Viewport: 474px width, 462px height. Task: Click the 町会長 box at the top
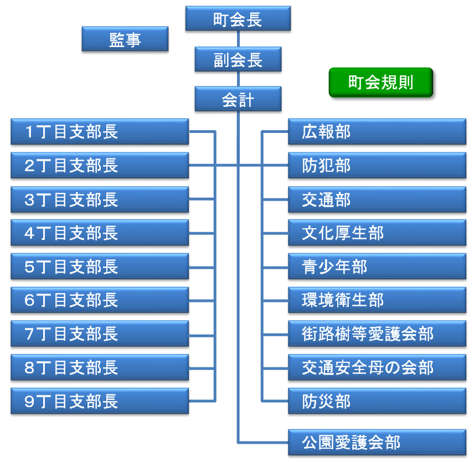[238, 19]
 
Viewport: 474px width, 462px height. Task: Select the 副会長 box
[238, 59]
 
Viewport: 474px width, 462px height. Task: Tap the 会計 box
[238, 100]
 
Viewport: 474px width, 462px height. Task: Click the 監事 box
[125, 39]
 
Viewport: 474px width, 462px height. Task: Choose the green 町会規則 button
[380, 83]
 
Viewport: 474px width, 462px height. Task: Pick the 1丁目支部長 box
[100, 132]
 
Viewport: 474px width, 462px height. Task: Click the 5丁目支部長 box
[100, 267]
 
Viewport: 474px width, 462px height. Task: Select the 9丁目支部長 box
[100, 402]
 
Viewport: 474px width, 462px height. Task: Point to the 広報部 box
[377, 132]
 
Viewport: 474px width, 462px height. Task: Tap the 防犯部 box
[377, 166]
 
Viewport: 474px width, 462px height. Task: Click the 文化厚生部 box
[377, 233]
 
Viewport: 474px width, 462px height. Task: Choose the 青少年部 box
[377, 267]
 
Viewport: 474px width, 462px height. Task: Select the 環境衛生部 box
[377, 300]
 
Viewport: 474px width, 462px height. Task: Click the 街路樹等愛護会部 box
[377, 334]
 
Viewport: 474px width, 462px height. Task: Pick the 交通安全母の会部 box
[377, 368]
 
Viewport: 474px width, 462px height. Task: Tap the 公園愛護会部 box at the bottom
[377, 442]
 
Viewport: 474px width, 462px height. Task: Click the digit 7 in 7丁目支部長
[30, 335]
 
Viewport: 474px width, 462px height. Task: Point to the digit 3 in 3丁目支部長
[30, 200]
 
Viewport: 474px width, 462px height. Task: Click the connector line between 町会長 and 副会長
[238, 39]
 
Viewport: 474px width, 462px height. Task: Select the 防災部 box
[377, 402]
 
